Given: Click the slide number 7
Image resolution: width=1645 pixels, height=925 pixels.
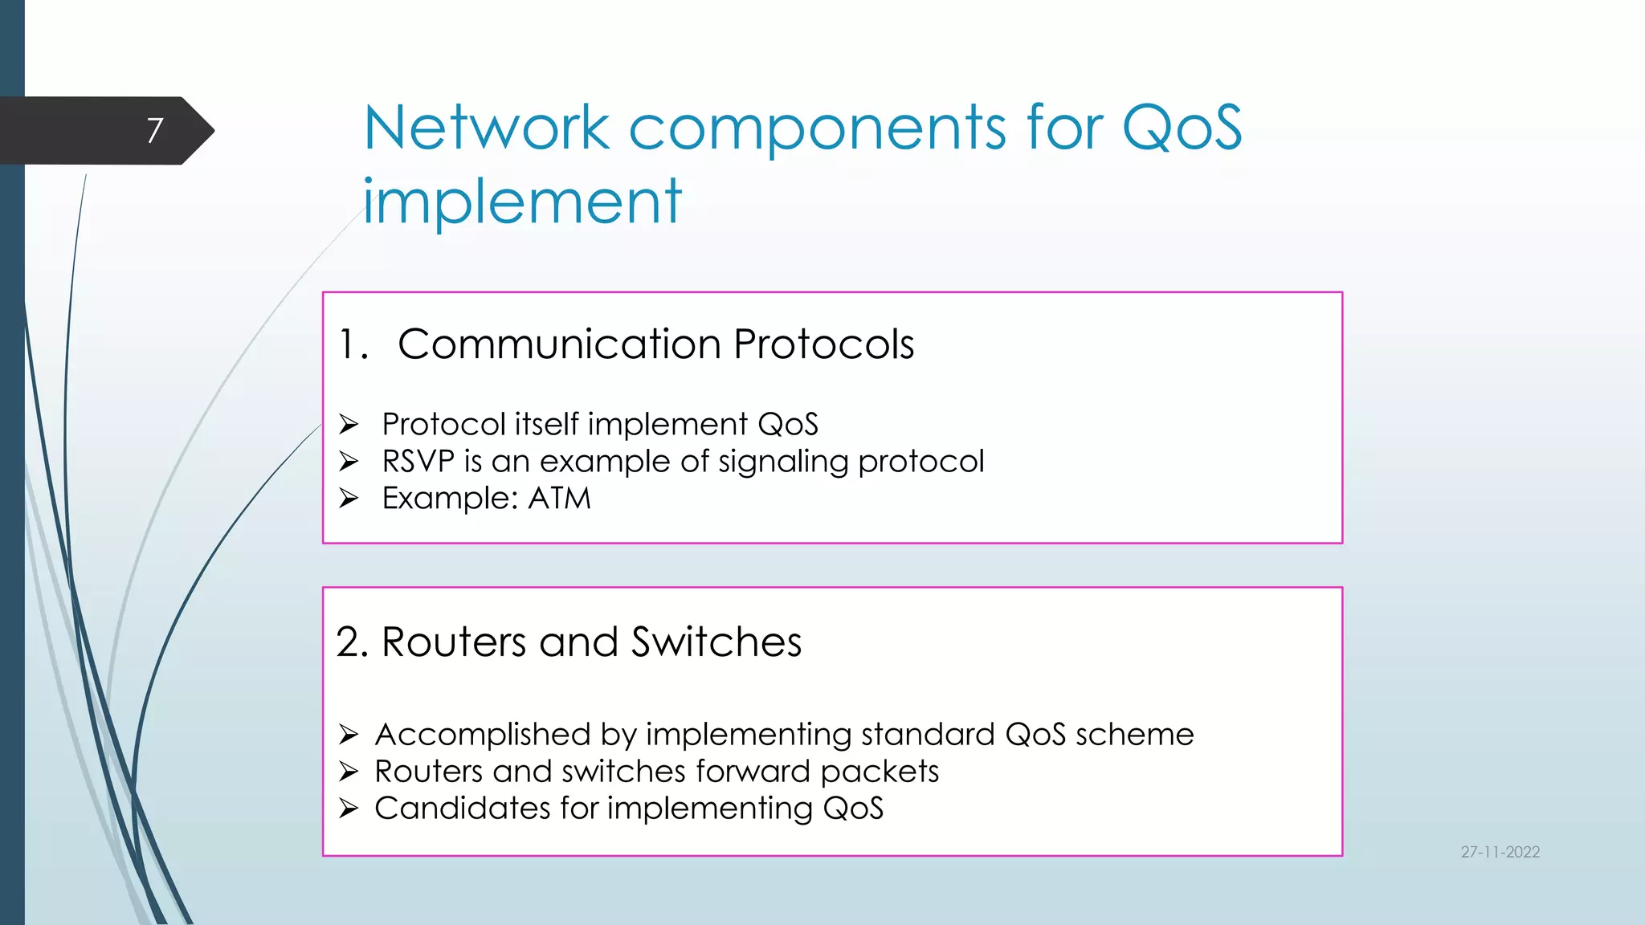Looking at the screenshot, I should (x=155, y=130).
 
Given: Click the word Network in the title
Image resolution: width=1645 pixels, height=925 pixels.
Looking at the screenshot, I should (x=487, y=128).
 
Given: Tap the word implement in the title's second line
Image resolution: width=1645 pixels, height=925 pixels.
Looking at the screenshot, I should (x=522, y=201).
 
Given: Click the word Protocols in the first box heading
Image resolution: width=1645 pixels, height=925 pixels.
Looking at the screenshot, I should (x=823, y=344).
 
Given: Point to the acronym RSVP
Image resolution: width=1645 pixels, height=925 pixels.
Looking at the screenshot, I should (x=418, y=462).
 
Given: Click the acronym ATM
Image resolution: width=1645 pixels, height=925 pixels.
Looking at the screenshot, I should (x=559, y=499).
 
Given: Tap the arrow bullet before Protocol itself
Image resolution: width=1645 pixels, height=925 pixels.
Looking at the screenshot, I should (x=349, y=423).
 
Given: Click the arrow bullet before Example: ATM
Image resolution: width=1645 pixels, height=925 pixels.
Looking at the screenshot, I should (x=349, y=499).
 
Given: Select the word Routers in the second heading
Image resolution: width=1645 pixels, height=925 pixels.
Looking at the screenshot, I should (x=454, y=642).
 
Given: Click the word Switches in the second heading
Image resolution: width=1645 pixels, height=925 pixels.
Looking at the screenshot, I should (x=716, y=642).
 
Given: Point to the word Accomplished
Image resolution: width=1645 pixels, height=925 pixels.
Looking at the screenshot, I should (x=483, y=735).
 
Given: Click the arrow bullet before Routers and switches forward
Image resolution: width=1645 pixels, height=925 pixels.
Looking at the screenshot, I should (x=349, y=772).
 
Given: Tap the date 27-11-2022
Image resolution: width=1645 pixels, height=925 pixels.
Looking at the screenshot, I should (x=1500, y=852).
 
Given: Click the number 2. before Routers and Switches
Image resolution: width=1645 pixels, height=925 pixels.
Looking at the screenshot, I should (x=352, y=642).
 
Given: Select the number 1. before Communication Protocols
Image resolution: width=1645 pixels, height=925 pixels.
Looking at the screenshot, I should (x=353, y=344).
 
